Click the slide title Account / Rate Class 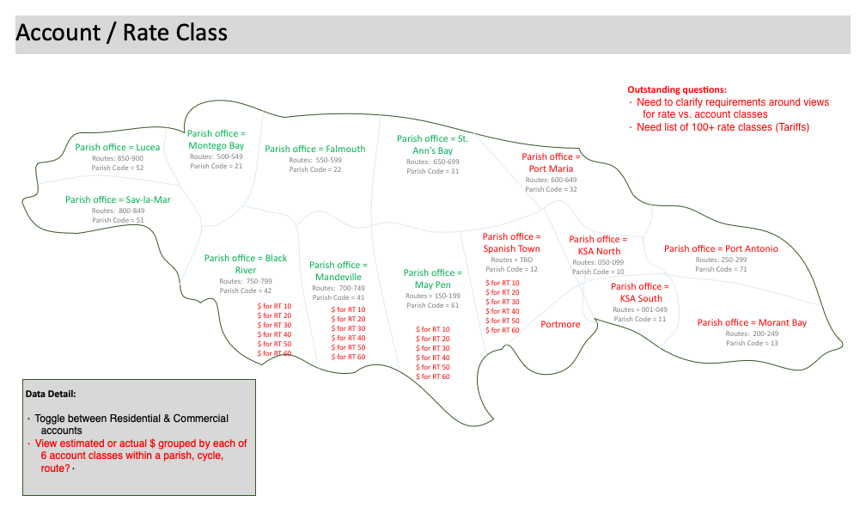[122, 34]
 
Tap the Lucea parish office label [117, 147]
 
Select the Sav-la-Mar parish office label [118, 199]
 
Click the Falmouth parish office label [315, 149]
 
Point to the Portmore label [560, 324]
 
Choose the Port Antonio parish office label [721, 248]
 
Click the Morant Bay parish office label [752, 322]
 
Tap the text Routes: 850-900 [118, 158]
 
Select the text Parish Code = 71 [721, 269]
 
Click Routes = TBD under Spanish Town [511, 260]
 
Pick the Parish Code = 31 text [432, 171]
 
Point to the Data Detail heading [51, 394]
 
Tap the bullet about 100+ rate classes [723, 127]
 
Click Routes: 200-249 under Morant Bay [752, 333]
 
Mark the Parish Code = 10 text [598, 272]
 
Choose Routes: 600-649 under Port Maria [551, 180]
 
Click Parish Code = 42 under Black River [246, 291]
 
